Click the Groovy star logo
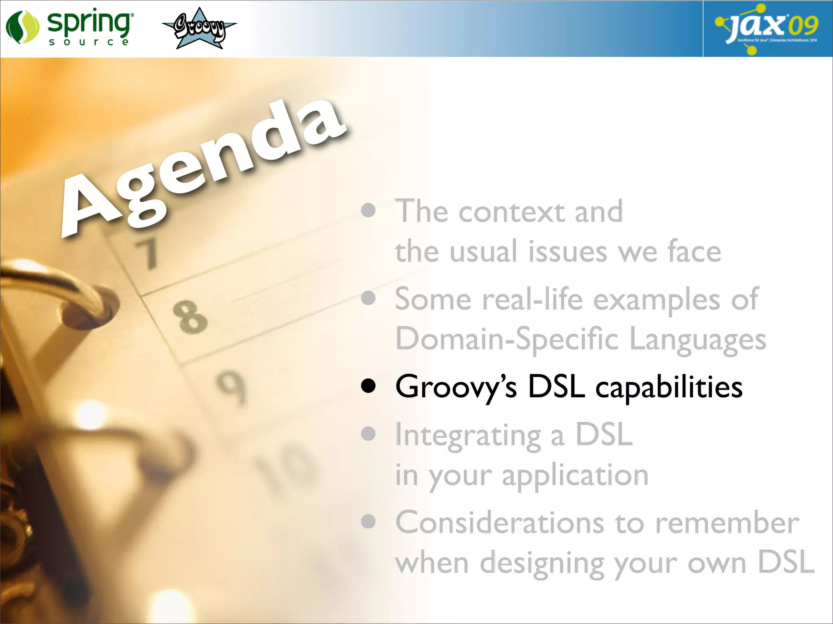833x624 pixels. click(199, 28)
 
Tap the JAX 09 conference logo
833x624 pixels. click(767, 28)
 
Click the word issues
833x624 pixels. click(567, 252)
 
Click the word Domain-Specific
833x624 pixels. click(507, 339)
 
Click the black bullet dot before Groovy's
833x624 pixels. click(368, 387)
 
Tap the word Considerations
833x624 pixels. click(499, 523)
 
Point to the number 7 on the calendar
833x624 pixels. click(146, 253)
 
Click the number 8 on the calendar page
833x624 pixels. click(190, 316)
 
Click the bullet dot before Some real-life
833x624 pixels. click(368, 299)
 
